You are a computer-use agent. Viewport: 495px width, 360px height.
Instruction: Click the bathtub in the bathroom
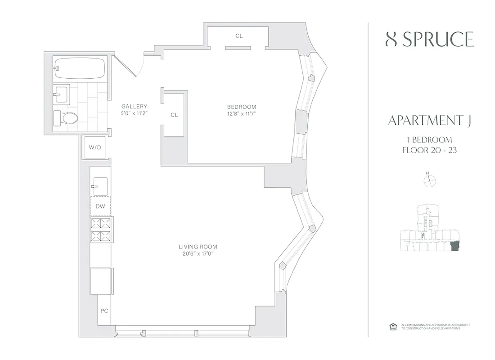coord(80,69)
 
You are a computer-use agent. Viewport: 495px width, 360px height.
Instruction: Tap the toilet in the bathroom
coord(67,118)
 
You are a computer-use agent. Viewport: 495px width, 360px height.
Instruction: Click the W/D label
coord(94,148)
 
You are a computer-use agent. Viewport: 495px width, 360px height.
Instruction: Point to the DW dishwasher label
coord(100,207)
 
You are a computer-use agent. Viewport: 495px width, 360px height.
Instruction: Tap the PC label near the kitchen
coord(104,311)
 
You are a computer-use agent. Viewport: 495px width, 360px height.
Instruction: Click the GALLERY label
coord(134,107)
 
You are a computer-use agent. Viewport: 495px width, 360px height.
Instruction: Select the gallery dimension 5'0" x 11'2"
coord(134,113)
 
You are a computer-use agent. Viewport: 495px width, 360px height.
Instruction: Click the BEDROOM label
coord(241,107)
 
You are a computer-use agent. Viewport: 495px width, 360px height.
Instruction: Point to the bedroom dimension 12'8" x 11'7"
coord(241,113)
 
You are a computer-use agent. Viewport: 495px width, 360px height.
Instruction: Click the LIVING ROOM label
coord(198,247)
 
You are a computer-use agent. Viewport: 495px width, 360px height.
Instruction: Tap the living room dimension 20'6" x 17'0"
coord(198,254)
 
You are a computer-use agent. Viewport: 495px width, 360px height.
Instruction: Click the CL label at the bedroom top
coord(239,36)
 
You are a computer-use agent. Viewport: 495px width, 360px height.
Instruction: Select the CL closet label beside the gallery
coord(174,115)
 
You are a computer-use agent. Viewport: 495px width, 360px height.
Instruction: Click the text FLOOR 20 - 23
coord(429,150)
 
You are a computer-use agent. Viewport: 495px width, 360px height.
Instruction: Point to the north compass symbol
coord(430,180)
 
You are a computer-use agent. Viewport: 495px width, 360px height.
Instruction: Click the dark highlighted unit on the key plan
coord(454,247)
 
